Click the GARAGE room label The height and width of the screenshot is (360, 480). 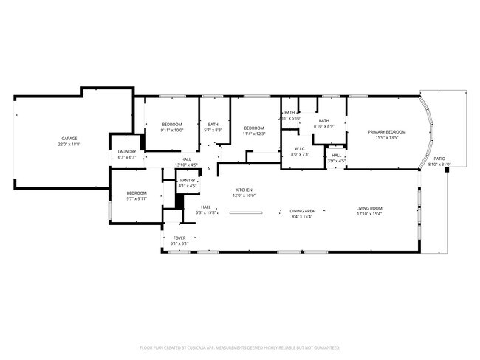click(69, 139)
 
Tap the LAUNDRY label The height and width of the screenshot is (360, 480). click(126, 152)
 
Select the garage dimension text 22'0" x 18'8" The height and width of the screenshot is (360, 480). click(69, 145)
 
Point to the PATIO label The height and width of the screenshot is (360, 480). click(439, 159)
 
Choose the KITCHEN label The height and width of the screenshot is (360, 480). click(244, 190)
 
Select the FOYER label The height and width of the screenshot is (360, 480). click(179, 238)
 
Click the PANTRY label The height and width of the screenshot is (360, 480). click(188, 180)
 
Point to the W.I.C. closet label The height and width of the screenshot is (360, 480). click(299, 148)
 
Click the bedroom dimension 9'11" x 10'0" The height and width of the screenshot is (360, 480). click(172, 130)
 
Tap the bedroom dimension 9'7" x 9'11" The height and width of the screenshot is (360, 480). click(137, 198)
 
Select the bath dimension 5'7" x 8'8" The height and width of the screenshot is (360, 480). click(213, 130)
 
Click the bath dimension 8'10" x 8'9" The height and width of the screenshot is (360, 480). click(323, 126)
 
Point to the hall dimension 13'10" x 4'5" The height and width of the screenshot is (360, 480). click(187, 165)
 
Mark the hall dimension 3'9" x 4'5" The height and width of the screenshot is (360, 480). click(337, 161)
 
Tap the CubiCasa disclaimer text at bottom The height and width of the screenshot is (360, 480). click(240, 347)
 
